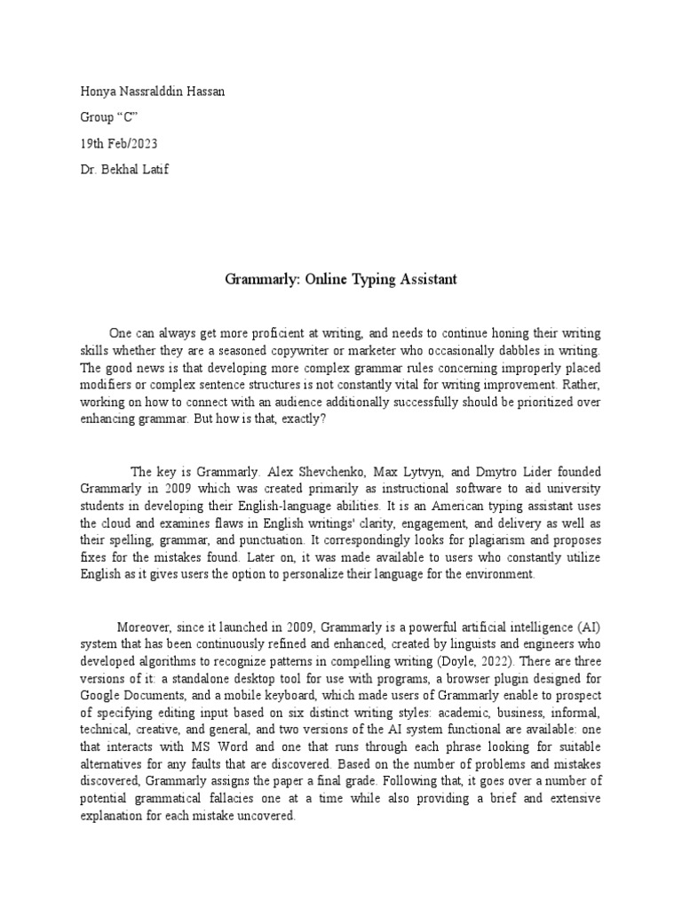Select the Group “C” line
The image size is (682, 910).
[109, 118]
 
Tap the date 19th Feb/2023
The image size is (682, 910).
[121, 144]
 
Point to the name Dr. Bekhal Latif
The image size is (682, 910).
[124, 170]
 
